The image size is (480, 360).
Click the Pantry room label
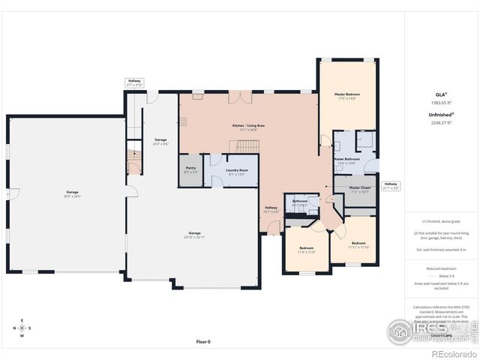pos(190,171)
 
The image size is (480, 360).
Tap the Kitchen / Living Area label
pos(248,127)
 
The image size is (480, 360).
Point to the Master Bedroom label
pos(347,95)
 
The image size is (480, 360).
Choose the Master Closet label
pos(349,189)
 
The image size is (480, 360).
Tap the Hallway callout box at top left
pos(134,82)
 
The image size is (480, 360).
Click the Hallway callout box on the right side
pos(391,185)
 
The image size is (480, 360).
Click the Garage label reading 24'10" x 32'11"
pos(195,234)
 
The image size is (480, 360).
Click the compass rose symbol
pos(23,328)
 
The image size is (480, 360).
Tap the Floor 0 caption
pos(203,341)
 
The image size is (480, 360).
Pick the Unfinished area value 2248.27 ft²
pos(441,121)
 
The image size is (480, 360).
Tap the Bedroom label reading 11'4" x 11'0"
pos(307,250)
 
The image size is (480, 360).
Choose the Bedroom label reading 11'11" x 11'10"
pos(358,244)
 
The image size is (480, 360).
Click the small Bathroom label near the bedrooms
pos(300,202)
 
